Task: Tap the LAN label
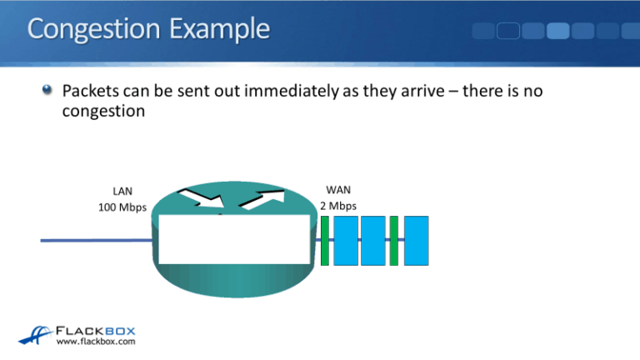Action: [122, 191]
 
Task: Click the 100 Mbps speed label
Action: [122, 206]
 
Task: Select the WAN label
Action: [337, 190]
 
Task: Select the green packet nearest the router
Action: [326, 240]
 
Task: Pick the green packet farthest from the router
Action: [394, 240]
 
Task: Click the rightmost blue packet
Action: [416, 240]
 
